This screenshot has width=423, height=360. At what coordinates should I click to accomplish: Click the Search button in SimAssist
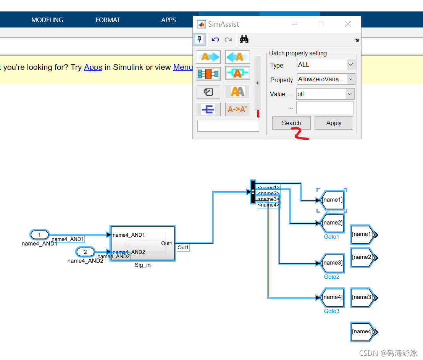pos(291,123)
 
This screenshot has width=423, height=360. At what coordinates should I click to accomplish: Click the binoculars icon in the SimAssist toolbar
pos(244,39)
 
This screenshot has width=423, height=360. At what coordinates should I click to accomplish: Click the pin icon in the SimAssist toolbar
pos(199,39)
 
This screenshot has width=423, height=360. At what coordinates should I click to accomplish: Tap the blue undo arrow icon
pos(215,39)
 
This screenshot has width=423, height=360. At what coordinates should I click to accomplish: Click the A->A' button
pos(237,109)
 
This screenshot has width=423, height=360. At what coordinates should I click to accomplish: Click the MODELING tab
pos(47,20)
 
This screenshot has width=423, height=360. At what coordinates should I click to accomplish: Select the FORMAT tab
pos(108,20)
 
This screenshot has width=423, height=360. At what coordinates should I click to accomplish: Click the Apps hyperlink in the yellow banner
pos(93,67)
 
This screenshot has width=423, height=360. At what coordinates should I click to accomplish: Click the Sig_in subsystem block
pos(142,243)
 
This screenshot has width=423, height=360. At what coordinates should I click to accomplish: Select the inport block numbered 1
pos(40,234)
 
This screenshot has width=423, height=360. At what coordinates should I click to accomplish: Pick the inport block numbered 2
pos(86,252)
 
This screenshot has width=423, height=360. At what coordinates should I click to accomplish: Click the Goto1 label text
pos(331,237)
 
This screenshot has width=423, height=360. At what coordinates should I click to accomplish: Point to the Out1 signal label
pos(183,247)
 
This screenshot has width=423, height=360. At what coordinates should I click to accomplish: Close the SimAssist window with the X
pos(348,24)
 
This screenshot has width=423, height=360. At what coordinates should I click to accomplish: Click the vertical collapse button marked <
pos(257,83)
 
